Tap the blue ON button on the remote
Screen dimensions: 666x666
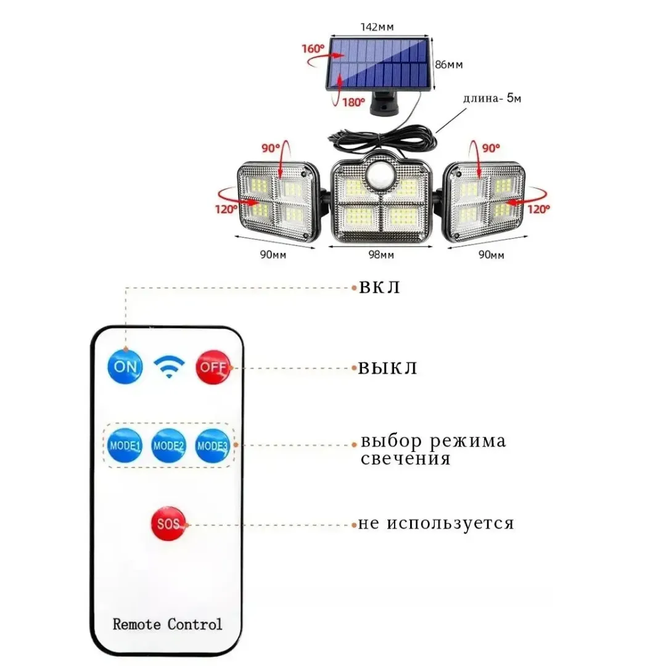pyautogui.click(x=125, y=366)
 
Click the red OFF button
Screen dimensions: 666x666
pyautogui.click(x=213, y=368)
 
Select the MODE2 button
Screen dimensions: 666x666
pyautogui.click(x=168, y=446)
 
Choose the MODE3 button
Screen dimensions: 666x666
pyautogui.click(x=212, y=446)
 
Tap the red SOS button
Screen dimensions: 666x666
pyautogui.click(x=168, y=524)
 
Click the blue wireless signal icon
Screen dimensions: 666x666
pyautogui.click(x=169, y=367)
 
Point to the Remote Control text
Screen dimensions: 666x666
pyautogui.click(x=167, y=624)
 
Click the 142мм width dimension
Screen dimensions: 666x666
pyautogui.click(x=377, y=27)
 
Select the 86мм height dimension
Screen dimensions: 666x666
pyautogui.click(x=449, y=65)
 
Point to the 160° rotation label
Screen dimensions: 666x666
pyautogui.click(x=313, y=49)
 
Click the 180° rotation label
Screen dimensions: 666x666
pyautogui.click(x=354, y=102)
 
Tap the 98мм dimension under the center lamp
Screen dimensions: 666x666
pyautogui.click(x=381, y=255)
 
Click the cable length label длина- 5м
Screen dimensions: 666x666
pyautogui.click(x=492, y=98)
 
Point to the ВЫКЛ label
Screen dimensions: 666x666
pyautogui.click(x=388, y=368)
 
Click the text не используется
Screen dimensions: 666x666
pyautogui.click(x=436, y=523)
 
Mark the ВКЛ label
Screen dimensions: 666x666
pyautogui.click(x=379, y=287)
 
